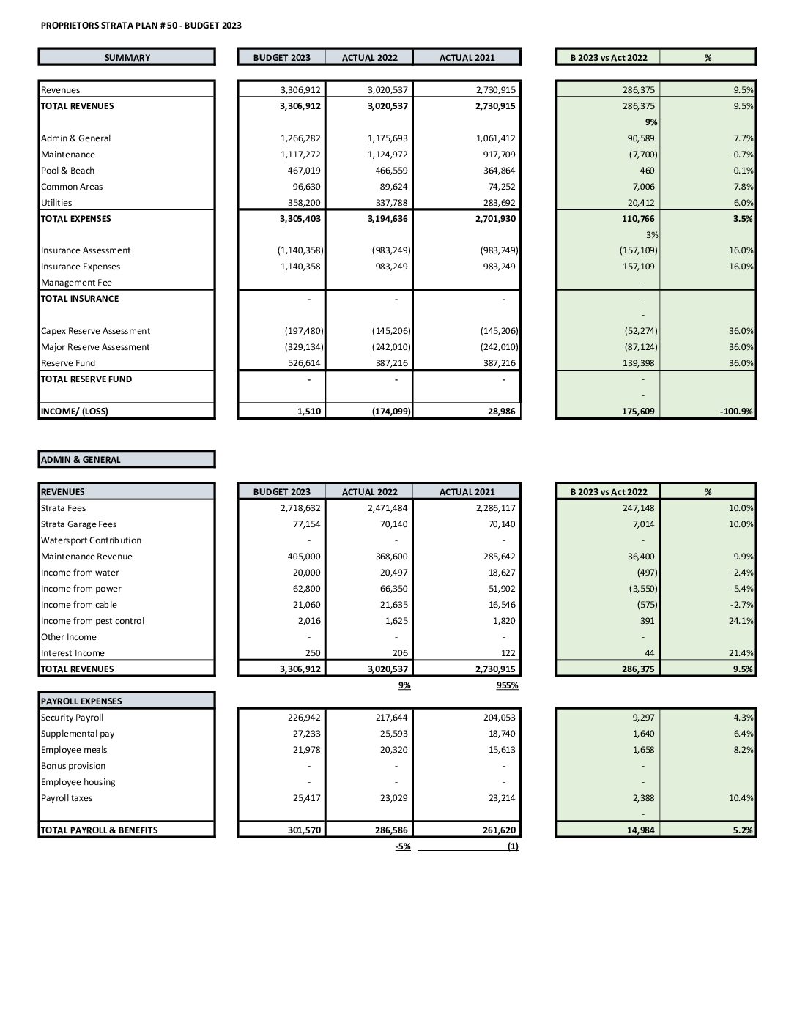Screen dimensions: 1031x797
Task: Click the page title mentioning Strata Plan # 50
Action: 141,26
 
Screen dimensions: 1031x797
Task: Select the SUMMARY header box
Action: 127,57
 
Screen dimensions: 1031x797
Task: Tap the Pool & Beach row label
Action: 68,171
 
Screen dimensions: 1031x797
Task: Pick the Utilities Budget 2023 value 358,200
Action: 300,203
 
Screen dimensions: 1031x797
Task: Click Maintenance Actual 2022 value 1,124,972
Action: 388,155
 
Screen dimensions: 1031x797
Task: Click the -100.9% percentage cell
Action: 736,412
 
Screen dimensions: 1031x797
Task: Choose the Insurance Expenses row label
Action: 81,267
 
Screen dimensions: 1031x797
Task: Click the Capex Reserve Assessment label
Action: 95,331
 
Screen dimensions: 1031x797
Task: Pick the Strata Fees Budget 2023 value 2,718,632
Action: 300,508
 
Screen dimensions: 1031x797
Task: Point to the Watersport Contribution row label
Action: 91,540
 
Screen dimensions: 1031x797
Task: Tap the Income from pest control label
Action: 92,621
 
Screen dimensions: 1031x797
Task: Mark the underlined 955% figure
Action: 507,685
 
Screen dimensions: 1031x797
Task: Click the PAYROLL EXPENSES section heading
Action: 81,701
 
